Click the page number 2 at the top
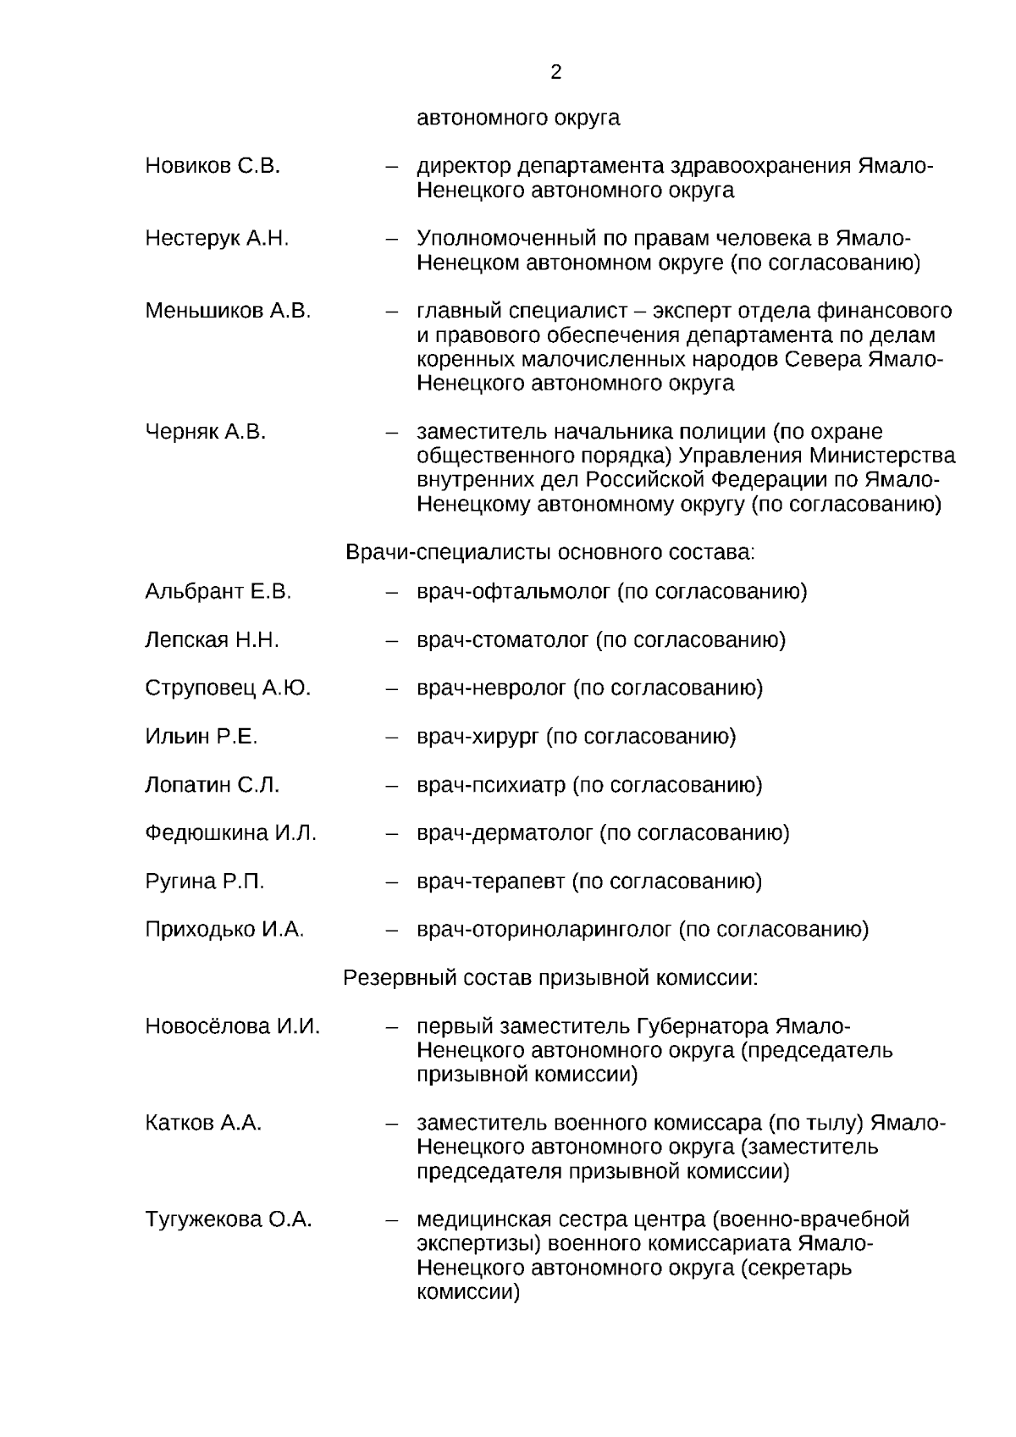[x=555, y=73]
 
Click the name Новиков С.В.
[x=213, y=166]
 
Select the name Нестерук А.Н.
[x=217, y=239]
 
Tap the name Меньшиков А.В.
[x=228, y=311]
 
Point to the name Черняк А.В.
[x=205, y=432]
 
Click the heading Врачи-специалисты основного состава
[x=549, y=553]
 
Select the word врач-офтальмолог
[x=513, y=591]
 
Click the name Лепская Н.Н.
[x=212, y=639]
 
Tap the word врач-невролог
[x=491, y=688]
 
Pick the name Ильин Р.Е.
[x=202, y=737]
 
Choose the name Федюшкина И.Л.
[x=230, y=833]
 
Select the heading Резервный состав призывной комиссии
[x=549, y=978]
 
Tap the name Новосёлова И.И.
[x=233, y=1027]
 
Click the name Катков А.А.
[x=203, y=1124]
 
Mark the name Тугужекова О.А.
[x=229, y=1220]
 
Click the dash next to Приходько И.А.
[x=392, y=931]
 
